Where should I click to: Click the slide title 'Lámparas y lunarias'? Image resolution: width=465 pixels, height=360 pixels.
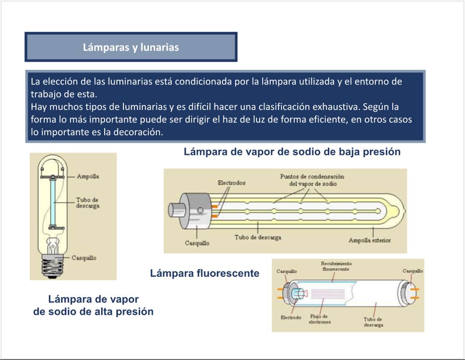(131, 47)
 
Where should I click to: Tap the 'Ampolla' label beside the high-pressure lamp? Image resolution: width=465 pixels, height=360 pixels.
(88, 176)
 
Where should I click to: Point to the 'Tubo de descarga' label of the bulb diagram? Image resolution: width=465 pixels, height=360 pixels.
(88, 203)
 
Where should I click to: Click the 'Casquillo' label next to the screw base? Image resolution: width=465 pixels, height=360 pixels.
(84, 258)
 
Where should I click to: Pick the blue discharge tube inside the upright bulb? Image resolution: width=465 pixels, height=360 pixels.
(53, 202)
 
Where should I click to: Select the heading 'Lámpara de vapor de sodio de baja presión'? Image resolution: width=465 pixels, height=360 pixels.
(292, 152)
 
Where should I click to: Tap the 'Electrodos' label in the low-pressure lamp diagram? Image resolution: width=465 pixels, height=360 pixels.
(232, 183)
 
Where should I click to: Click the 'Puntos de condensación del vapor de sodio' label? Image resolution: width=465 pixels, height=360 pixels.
(312, 180)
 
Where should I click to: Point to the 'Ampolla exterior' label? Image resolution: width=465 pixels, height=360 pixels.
(370, 240)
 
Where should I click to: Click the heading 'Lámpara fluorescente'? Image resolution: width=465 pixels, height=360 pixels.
(204, 273)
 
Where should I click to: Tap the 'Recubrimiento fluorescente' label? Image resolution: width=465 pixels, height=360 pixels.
(336, 266)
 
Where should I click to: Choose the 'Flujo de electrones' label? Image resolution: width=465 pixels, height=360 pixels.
(320, 319)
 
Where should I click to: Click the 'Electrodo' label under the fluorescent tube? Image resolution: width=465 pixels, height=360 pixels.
(291, 317)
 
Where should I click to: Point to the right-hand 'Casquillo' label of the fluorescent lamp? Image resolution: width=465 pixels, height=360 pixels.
(412, 271)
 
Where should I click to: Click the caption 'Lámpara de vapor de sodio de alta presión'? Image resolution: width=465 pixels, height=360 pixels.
(93, 305)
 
